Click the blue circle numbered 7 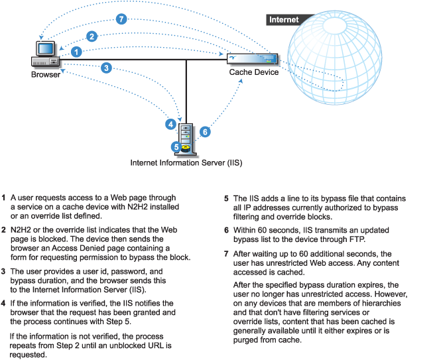click(121, 19)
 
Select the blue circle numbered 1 click(78, 51)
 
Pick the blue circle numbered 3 click(107, 67)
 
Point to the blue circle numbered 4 click(171, 124)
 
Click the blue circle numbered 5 click(176, 147)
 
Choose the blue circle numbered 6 click(205, 132)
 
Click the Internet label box click(283, 20)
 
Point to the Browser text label click(46, 74)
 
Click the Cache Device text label click(254, 72)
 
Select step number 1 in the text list click(4, 198)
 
